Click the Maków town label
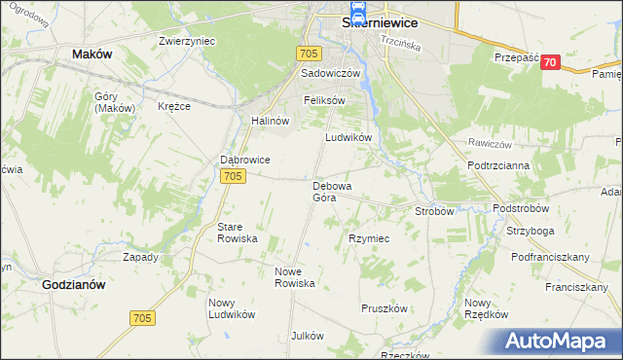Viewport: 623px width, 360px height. pos(92,54)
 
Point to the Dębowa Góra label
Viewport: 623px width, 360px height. pos(332,192)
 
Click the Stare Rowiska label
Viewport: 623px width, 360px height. pos(237,232)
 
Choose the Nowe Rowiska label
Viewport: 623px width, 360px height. pos(295,277)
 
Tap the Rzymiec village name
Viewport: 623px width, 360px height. pos(369,238)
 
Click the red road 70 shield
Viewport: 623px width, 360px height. pos(552,62)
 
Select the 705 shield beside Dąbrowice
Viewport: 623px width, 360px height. pos(232,176)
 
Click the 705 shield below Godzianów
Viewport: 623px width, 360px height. pos(142,318)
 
